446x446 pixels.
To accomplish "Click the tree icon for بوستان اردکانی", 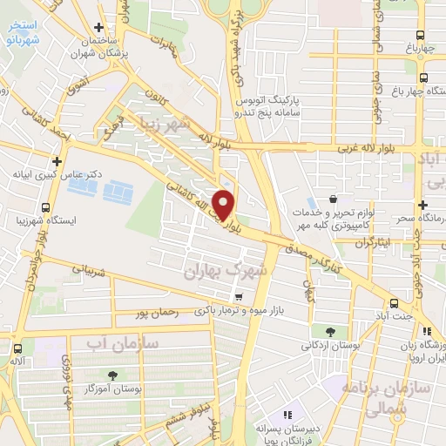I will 330,331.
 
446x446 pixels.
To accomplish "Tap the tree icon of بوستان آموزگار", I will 112,375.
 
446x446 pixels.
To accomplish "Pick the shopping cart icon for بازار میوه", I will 236,296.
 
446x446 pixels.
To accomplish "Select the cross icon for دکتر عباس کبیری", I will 57,161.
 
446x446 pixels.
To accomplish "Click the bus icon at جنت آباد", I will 395,304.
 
